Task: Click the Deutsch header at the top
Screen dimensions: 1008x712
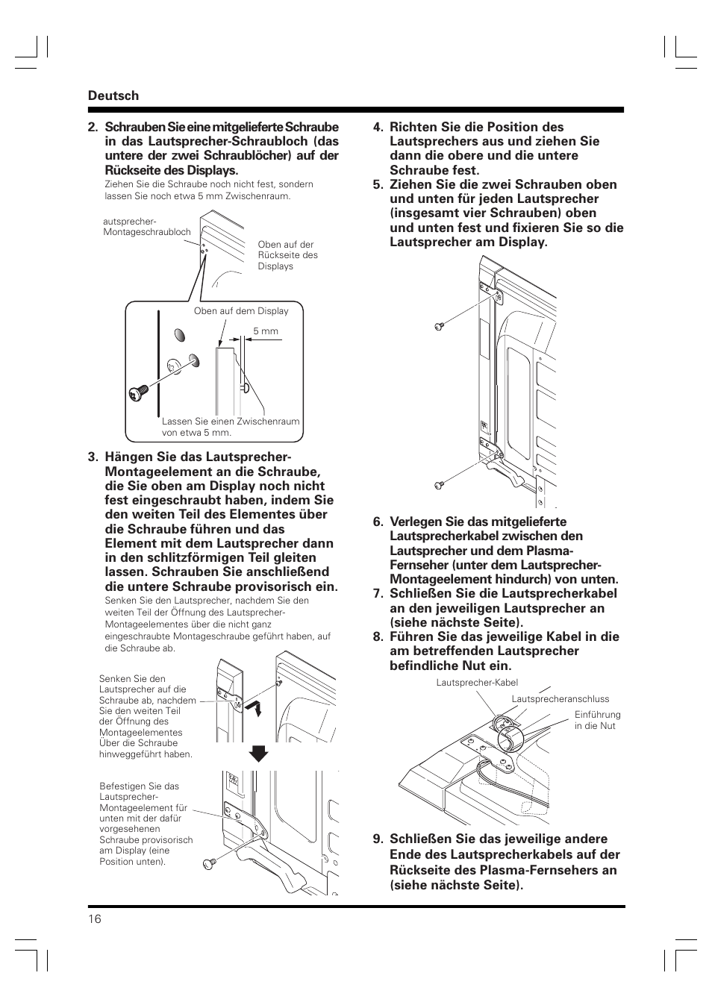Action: [113, 96]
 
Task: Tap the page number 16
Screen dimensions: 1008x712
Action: [94, 918]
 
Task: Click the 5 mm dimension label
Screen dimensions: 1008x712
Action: [265, 331]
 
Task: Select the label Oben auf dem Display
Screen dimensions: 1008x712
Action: [240, 311]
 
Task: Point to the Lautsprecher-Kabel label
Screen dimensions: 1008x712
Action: [477, 683]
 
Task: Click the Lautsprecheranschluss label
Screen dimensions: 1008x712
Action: [560, 699]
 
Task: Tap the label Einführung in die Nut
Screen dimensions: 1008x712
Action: [597, 720]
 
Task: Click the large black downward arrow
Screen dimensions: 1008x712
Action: [258, 753]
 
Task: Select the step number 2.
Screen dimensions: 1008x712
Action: [93, 128]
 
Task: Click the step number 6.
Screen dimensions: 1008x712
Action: [378, 522]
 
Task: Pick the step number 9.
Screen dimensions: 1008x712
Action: [378, 839]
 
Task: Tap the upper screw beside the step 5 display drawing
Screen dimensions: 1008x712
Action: [439, 326]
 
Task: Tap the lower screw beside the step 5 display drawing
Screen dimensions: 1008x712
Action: [439, 485]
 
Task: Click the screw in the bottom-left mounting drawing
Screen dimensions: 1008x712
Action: [209, 863]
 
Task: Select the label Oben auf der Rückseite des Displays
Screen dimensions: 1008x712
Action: [287, 255]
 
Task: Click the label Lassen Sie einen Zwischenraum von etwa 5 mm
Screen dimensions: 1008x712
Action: [230, 427]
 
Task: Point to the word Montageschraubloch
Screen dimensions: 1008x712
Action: [147, 232]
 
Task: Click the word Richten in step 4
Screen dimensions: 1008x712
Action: [413, 128]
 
